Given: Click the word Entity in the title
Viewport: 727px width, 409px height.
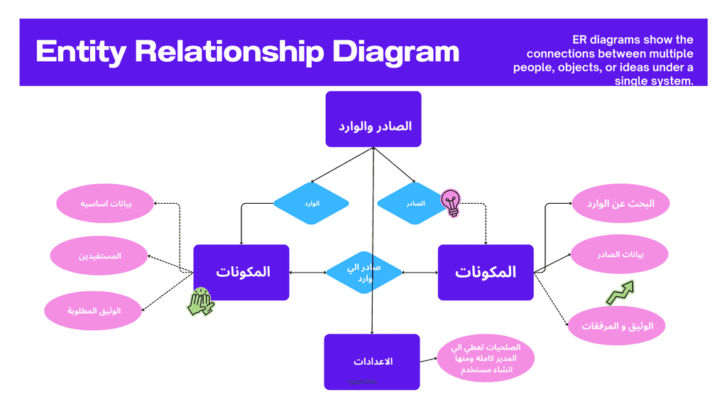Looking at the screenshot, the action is (x=81, y=52).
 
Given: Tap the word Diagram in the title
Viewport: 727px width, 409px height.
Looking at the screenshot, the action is (x=395, y=52).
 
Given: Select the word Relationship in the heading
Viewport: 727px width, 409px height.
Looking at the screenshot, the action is (x=229, y=52).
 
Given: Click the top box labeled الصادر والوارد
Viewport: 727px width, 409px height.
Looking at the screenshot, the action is (x=373, y=119).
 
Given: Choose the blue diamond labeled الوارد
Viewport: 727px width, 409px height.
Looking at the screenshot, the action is (x=311, y=203).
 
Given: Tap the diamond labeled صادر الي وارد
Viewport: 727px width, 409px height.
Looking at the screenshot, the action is (x=364, y=273).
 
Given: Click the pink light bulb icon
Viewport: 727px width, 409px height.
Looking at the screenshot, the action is (x=451, y=202).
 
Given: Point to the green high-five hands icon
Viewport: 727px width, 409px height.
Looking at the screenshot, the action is (x=201, y=301).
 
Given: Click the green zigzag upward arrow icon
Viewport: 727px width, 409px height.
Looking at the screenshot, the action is (x=620, y=293).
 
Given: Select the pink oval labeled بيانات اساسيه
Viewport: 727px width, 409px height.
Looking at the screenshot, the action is (x=105, y=204).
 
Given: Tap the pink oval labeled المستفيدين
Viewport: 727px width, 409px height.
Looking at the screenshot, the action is (x=99, y=256).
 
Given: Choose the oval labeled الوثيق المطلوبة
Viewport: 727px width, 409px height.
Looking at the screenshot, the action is (x=93, y=311).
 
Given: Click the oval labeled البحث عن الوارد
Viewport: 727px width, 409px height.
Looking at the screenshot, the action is (x=621, y=204).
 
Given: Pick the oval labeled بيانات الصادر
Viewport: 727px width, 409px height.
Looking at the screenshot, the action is (x=619, y=254).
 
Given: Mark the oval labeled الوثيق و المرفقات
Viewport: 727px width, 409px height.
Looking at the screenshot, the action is (x=617, y=325).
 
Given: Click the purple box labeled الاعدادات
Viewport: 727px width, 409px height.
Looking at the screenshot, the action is (x=372, y=361).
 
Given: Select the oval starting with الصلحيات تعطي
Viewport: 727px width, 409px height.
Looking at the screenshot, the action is (x=486, y=358).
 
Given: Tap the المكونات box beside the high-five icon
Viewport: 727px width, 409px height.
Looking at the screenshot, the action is (x=241, y=272).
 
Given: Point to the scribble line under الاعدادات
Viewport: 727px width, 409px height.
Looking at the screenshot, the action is (x=361, y=382).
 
